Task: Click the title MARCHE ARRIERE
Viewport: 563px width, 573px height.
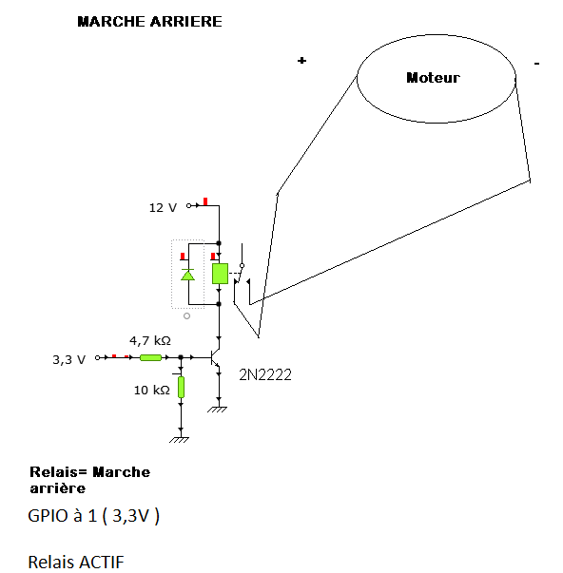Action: tap(149, 22)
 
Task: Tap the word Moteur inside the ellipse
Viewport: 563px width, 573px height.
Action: tap(433, 78)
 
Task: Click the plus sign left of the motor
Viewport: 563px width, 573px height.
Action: tap(301, 60)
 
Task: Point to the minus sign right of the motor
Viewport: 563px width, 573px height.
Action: tap(536, 64)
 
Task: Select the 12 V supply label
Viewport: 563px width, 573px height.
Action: tap(163, 207)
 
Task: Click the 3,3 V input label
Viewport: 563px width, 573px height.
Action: tap(68, 359)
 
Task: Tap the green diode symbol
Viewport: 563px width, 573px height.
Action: tap(188, 275)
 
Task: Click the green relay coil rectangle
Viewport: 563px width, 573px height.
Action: tap(220, 274)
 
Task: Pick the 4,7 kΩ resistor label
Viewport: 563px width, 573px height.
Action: tap(150, 340)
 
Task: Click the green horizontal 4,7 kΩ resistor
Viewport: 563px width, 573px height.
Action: tap(150, 357)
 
